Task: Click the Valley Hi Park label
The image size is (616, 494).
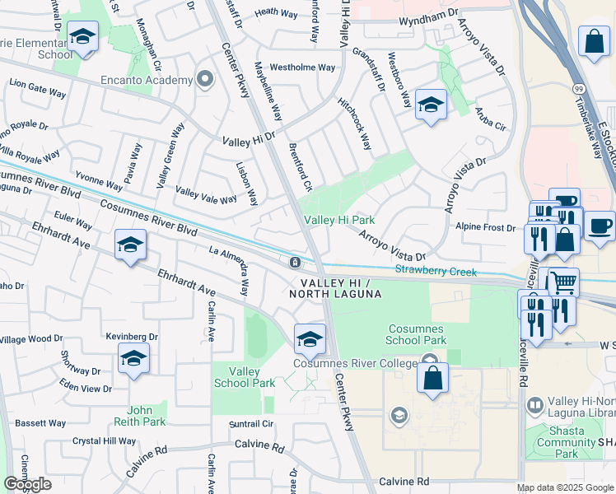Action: pos(339,220)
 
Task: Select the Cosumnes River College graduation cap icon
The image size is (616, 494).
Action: pos(309,338)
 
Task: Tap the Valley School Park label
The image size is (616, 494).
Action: pos(244,377)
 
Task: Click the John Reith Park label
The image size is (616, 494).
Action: pos(146,416)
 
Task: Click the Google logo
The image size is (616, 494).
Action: pos(27,484)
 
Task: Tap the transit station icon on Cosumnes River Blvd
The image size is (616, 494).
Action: pos(294,263)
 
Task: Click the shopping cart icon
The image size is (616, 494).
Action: pos(563,282)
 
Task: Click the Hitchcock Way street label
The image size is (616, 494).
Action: pos(355,123)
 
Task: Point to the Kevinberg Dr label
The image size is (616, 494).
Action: pos(131,337)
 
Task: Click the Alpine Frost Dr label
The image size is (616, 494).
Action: pos(485,227)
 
